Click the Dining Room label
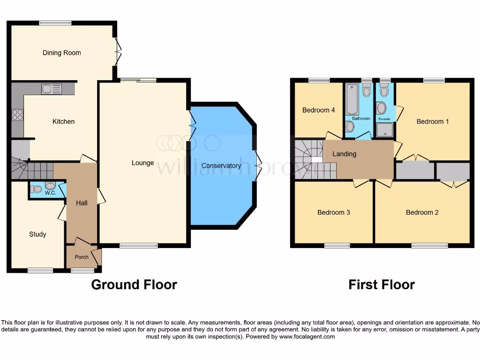[x=61, y=53]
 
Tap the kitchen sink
[x=51, y=89]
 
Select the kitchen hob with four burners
[x=17, y=115]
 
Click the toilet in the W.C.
[x=36, y=189]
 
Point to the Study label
[x=37, y=234]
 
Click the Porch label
[x=82, y=257]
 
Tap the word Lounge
[x=142, y=163]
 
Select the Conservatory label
[x=221, y=165]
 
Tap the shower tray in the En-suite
[x=385, y=130]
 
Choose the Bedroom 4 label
[x=318, y=110]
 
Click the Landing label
[x=344, y=154]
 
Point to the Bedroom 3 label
[x=333, y=212]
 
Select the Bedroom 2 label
[x=422, y=212]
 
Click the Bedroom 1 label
[x=433, y=121]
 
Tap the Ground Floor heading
[x=134, y=285]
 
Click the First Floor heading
[x=381, y=285]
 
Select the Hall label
[x=82, y=202]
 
